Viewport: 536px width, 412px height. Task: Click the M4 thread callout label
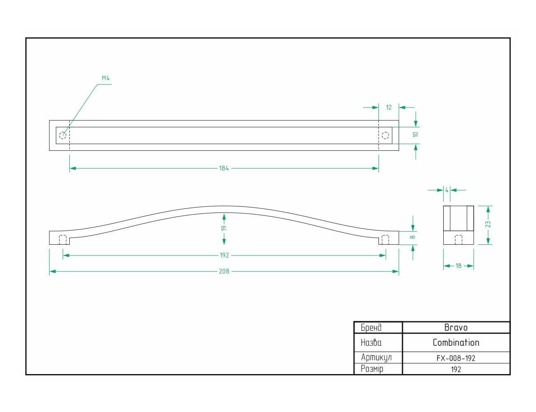point(106,78)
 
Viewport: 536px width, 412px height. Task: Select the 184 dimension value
point(224,168)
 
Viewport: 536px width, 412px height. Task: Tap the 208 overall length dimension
point(224,271)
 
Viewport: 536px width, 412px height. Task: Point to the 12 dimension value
point(389,108)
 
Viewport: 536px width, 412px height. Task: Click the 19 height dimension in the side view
point(224,228)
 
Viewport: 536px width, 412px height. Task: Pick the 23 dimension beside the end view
point(488,225)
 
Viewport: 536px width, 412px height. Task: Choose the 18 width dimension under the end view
point(458,266)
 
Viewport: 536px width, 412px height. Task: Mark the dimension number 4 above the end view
point(447,190)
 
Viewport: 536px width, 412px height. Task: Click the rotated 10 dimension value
point(415,134)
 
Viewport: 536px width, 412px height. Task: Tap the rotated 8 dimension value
point(412,237)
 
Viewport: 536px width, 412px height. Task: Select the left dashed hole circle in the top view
point(63,135)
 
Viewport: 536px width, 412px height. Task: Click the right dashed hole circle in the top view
point(385,135)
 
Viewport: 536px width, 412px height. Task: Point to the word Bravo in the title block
point(456,328)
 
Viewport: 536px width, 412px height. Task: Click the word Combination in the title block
point(456,342)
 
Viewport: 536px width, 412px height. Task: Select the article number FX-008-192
point(456,358)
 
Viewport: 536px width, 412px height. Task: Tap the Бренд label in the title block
point(371,328)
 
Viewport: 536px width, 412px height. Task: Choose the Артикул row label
point(376,358)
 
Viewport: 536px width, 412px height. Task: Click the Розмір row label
point(372,369)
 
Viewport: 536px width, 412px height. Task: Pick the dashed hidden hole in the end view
point(458,240)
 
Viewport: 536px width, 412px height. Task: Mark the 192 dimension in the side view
point(224,255)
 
